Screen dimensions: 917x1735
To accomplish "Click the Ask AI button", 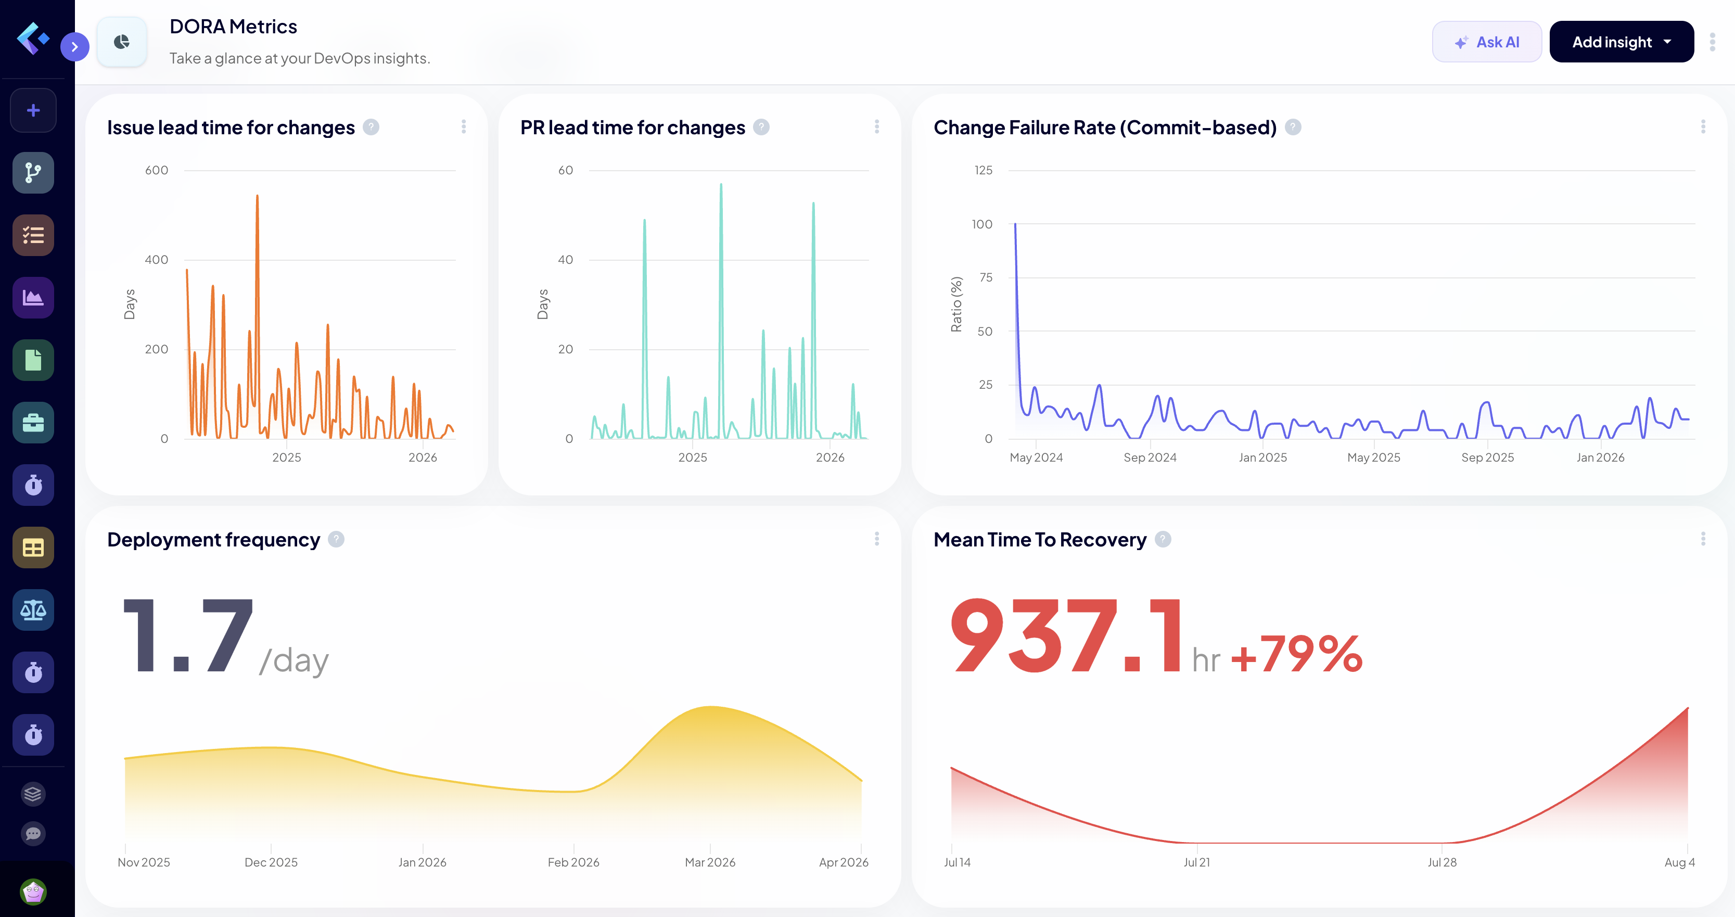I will click(x=1486, y=42).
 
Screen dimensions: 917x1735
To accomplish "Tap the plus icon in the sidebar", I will click(x=33, y=110).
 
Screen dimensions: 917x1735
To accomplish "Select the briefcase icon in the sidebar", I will click(x=33, y=423).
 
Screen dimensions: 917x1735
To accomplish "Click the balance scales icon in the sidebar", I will click(x=33, y=610).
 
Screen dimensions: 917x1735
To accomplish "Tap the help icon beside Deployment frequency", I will click(x=336, y=540).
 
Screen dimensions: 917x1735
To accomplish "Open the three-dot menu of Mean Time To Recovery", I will click(x=1703, y=539).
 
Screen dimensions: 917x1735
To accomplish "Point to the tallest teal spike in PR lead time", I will click(x=721, y=186).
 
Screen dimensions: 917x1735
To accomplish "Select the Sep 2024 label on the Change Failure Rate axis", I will click(x=1150, y=457).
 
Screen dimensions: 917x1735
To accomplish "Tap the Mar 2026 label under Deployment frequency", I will click(x=710, y=862).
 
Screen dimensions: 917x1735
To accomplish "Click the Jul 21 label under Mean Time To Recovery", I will click(x=1196, y=862).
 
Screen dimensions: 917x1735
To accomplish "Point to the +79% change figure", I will click(x=1296, y=654).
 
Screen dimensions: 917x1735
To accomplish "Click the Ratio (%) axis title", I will click(x=956, y=304).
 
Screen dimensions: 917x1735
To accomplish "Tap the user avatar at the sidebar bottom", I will click(x=33, y=891).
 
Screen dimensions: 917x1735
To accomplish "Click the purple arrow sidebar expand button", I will click(x=75, y=46).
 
